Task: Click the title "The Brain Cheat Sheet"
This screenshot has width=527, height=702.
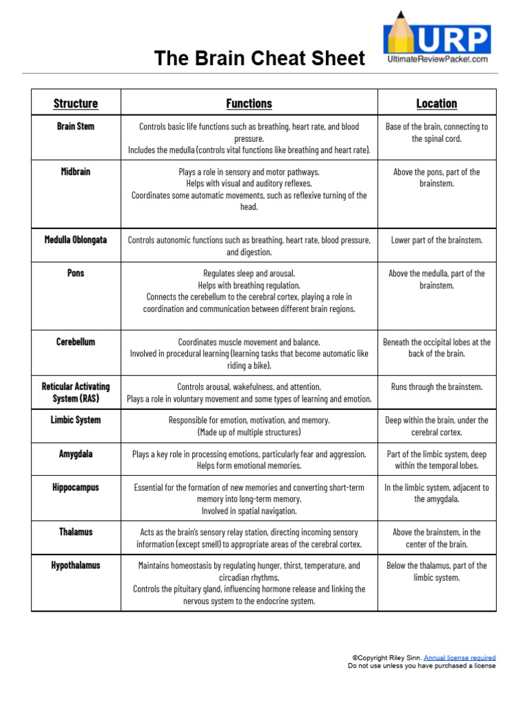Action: point(259,58)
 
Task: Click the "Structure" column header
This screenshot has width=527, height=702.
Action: point(75,104)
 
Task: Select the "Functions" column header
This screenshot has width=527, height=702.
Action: point(249,104)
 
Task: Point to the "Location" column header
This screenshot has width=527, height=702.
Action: point(436,104)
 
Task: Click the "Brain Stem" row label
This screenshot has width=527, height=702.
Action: point(75,126)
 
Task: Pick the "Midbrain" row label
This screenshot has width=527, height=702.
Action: point(75,171)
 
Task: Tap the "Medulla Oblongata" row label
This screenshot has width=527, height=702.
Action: point(75,240)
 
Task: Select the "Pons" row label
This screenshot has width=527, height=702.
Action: point(75,273)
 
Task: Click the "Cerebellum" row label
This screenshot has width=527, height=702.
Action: point(75,341)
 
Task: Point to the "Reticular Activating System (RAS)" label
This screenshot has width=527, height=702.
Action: point(75,392)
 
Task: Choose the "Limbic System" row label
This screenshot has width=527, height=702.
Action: point(75,420)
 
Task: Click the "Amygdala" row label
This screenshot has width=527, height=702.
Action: point(75,454)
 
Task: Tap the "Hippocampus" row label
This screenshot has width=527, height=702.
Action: point(75,487)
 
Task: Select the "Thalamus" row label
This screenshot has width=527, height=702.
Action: point(75,531)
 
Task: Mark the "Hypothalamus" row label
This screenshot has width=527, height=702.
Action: point(75,566)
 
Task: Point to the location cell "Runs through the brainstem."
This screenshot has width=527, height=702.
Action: point(436,387)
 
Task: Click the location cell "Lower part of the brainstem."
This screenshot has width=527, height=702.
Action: point(436,240)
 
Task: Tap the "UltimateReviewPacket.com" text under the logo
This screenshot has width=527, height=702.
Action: point(438,60)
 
